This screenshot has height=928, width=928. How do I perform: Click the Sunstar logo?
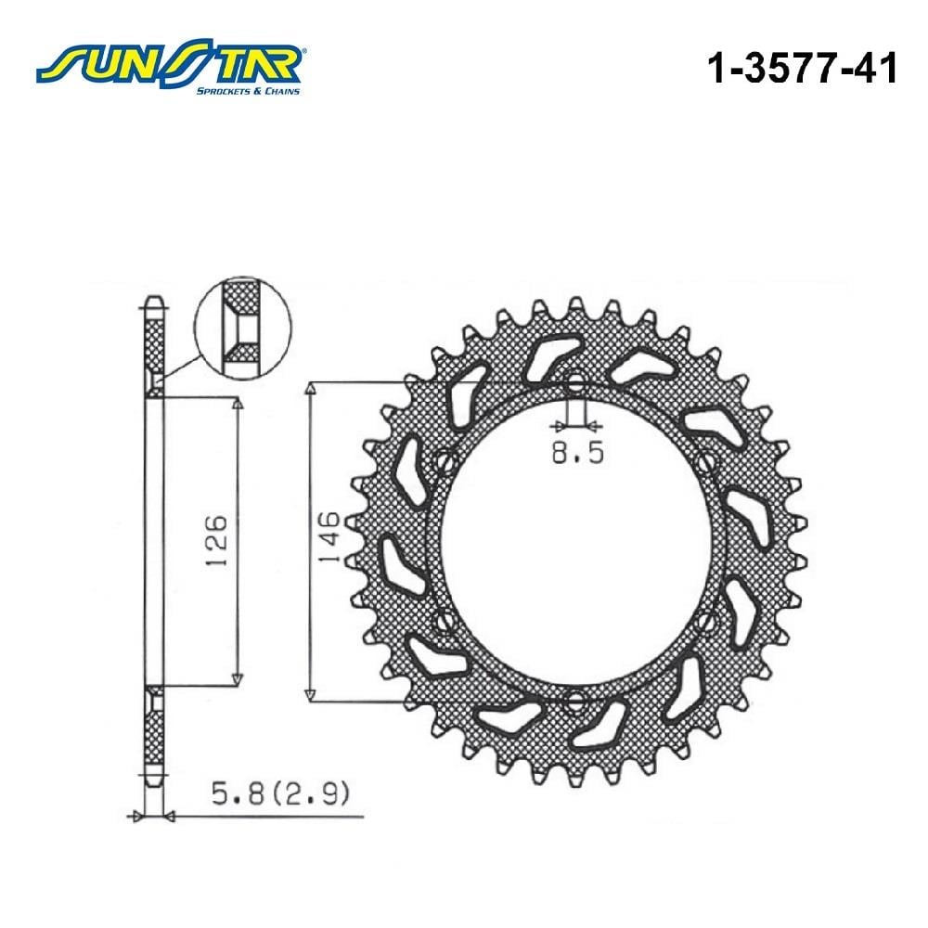(x=171, y=66)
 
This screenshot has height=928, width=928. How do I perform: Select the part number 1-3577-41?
(x=803, y=68)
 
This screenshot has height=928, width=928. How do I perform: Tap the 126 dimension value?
(x=216, y=540)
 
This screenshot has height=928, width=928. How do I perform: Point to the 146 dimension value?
(x=329, y=538)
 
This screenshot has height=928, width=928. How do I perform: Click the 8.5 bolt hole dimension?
(x=577, y=453)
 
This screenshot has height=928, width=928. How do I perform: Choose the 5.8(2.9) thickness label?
(x=280, y=793)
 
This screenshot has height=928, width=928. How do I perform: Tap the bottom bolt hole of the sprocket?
(x=575, y=702)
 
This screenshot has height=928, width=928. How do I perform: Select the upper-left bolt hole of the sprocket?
(x=445, y=461)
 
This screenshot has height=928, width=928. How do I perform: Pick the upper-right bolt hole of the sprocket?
(x=706, y=461)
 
